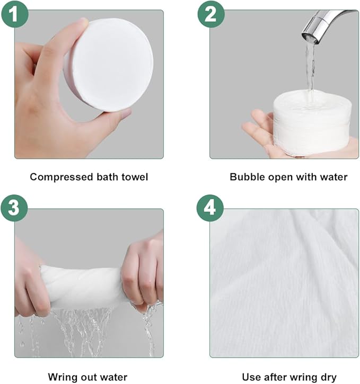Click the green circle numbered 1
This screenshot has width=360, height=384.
[15, 14]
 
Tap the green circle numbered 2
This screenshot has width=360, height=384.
[211, 14]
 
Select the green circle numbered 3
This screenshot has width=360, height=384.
[14, 208]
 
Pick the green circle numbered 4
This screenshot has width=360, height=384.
[210, 208]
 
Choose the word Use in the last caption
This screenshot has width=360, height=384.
[250, 377]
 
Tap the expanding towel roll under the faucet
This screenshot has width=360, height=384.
[312, 123]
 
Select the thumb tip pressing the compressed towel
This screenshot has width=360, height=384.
[83, 23]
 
